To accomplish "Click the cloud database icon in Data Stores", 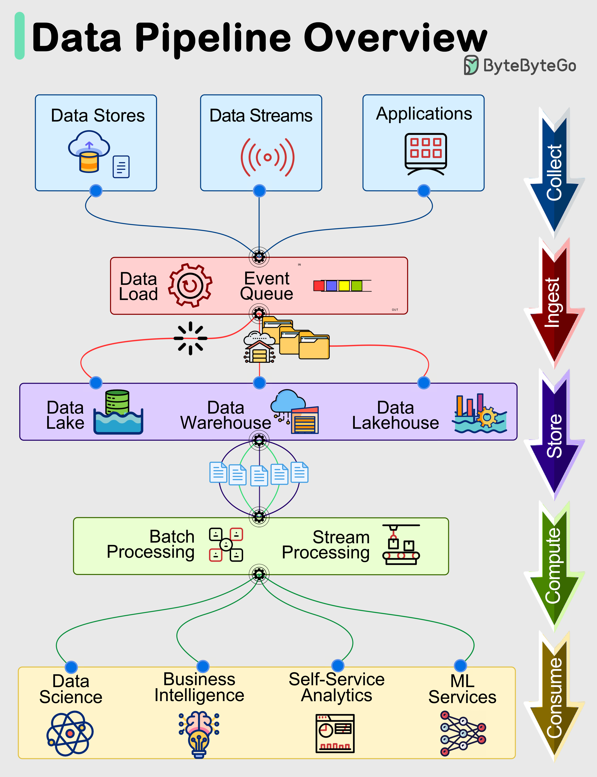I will coord(89,151).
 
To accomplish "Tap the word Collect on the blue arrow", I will coord(554,173).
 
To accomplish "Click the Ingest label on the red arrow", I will coord(553,302).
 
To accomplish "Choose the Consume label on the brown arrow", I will coord(554,697).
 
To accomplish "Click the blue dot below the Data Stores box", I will coord(96,191).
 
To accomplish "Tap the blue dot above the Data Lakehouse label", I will coord(424,383).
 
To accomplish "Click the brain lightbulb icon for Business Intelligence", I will coord(199,734).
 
